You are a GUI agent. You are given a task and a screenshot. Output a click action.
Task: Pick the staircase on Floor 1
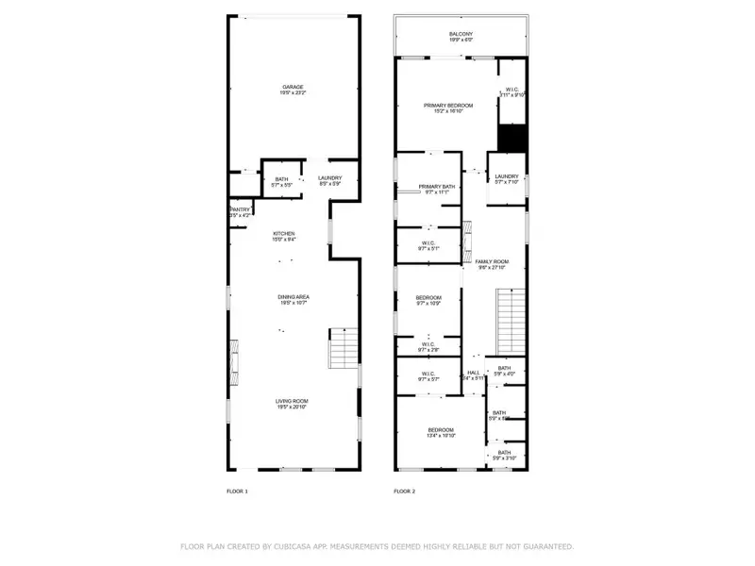coord(344,347)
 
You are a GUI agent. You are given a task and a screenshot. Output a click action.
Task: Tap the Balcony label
coord(461,35)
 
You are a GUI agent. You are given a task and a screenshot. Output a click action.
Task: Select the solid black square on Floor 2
coord(511,138)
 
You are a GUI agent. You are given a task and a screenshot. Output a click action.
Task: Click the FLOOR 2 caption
coord(404,491)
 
